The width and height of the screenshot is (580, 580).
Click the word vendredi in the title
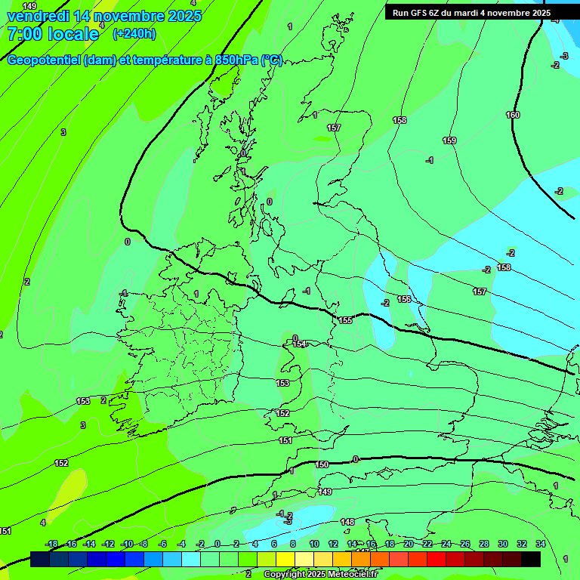(37, 16)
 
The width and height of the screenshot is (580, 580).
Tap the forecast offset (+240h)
(134, 34)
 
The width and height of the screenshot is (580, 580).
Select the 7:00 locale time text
(53, 34)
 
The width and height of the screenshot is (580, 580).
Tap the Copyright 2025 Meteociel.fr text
(321, 574)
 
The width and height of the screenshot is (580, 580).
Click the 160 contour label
(513, 115)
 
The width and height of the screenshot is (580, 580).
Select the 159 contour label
(449, 140)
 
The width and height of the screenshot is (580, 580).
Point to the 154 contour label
(301, 344)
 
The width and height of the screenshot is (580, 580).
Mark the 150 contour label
(322, 464)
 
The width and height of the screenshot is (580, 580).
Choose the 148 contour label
(347, 522)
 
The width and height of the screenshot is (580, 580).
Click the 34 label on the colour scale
(541, 544)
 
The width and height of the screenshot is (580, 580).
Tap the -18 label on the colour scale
(51, 544)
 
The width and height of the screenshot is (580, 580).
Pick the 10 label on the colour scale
(314, 544)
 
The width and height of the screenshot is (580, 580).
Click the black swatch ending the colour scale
(531, 559)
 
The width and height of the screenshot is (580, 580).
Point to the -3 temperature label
(564, 56)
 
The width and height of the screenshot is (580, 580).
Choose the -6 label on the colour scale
(162, 544)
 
